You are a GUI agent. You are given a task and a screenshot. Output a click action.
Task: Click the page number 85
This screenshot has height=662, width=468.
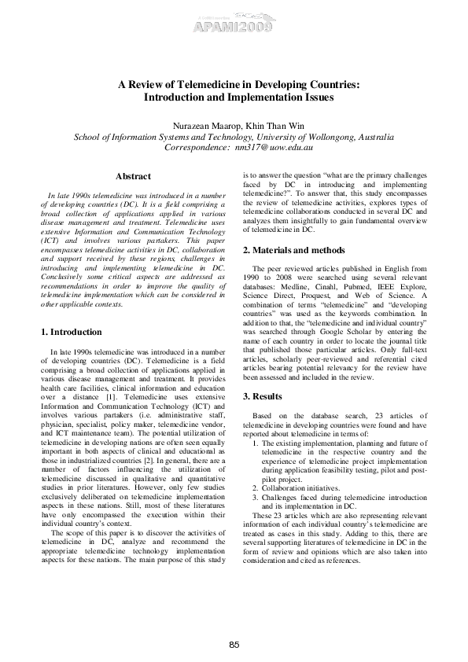coord(234,645)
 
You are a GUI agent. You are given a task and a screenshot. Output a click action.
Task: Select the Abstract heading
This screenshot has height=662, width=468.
coord(133,176)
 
